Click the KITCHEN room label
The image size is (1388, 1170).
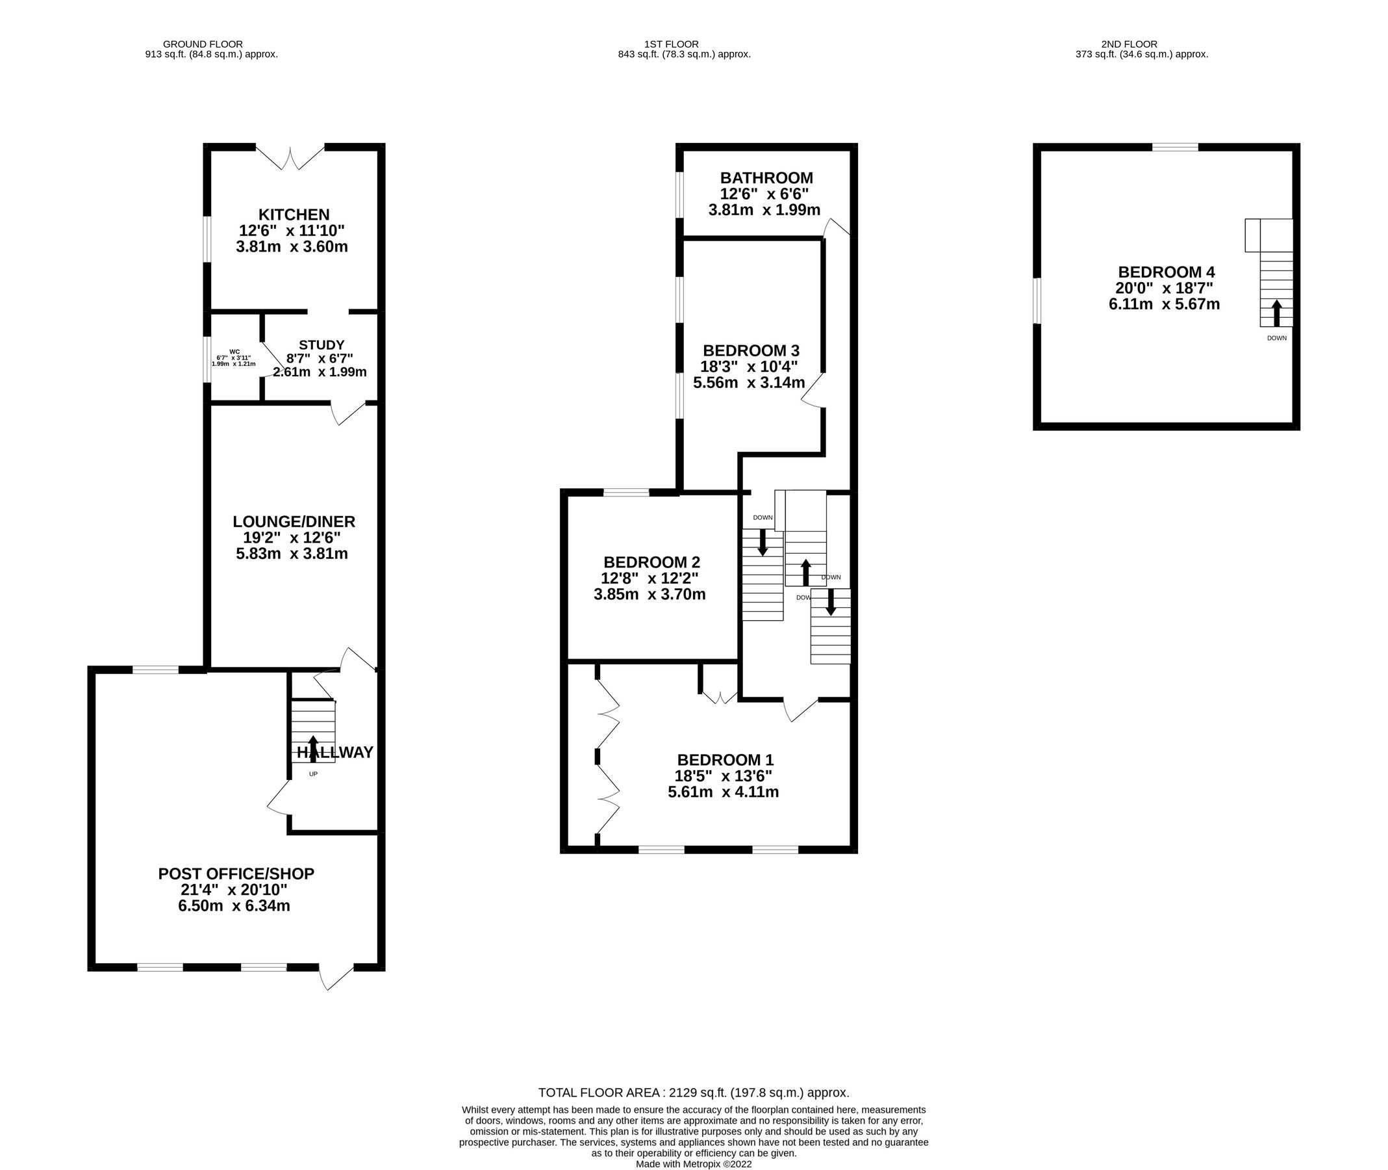pyautogui.click(x=293, y=214)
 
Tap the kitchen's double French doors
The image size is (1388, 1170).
pyautogui.click(x=290, y=158)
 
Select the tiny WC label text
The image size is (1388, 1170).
pyautogui.click(x=234, y=352)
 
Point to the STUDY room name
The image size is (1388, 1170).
pyautogui.click(x=322, y=345)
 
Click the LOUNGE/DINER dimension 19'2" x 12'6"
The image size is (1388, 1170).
pyautogui.click(x=292, y=538)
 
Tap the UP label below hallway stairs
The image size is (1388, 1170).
pyautogui.click(x=313, y=774)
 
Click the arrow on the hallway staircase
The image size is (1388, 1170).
pyautogui.click(x=313, y=747)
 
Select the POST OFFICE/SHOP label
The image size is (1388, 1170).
pyautogui.click(x=236, y=874)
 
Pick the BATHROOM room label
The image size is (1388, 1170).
pyautogui.click(x=766, y=177)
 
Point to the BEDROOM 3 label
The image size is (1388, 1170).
pyautogui.click(x=751, y=350)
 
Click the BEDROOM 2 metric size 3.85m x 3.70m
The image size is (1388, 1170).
pyautogui.click(x=650, y=594)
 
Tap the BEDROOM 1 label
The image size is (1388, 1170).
pyautogui.click(x=725, y=759)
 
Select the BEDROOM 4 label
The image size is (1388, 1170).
pyautogui.click(x=1166, y=272)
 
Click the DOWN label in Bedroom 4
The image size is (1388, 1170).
pyautogui.click(x=1276, y=338)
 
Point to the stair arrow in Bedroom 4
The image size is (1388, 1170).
pyautogui.click(x=1276, y=313)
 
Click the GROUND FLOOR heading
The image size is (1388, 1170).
pyautogui.click(x=203, y=44)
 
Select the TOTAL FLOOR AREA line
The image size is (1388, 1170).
pyautogui.click(x=693, y=1093)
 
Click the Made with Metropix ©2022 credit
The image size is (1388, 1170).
pyautogui.click(x=693, y=1163)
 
